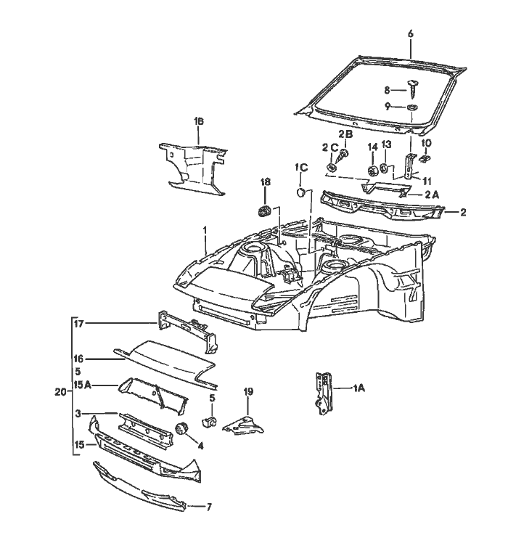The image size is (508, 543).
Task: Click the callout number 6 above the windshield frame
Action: point(410,34)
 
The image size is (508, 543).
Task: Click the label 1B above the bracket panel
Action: point(198,121)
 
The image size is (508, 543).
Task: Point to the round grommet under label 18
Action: point(265,211)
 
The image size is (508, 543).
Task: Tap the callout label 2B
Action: point(345,134)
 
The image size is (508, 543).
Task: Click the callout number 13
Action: point(386,144)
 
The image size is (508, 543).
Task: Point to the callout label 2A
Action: point(432,195)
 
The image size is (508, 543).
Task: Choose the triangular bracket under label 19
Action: point(244,426)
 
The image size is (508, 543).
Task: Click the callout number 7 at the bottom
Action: point(210,506)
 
